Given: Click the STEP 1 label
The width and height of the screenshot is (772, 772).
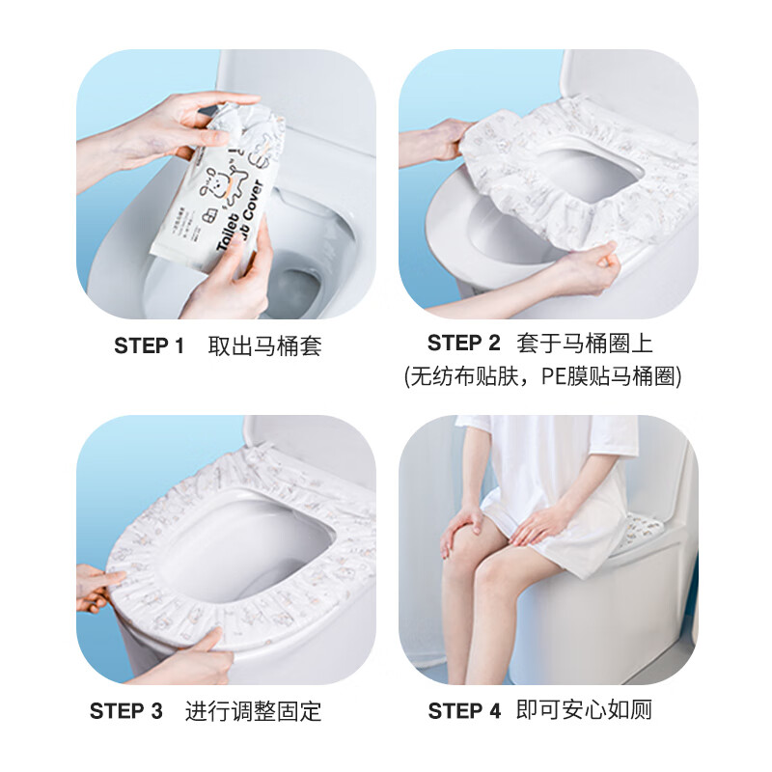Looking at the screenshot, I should [x=149, y=346].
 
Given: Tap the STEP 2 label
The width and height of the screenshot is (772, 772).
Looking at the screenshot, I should [x=464, y=343].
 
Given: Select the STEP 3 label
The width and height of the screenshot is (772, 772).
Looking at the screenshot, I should [x=126, y=711].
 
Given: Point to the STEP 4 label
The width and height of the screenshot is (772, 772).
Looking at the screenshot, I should [x=464, y=711].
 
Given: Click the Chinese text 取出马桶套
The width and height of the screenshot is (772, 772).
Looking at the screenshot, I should [x=264, y=346].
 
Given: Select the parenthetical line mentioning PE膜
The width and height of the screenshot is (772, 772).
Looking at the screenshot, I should [x=542, y=376].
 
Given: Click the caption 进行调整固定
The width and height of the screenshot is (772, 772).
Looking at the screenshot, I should [x=253, y=711].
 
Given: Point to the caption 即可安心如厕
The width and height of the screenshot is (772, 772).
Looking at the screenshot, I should [x=584, y=711].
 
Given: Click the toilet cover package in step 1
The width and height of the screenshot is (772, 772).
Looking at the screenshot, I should [x=217, y=188].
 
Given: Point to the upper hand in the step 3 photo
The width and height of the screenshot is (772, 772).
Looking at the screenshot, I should [x=96, y=589].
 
